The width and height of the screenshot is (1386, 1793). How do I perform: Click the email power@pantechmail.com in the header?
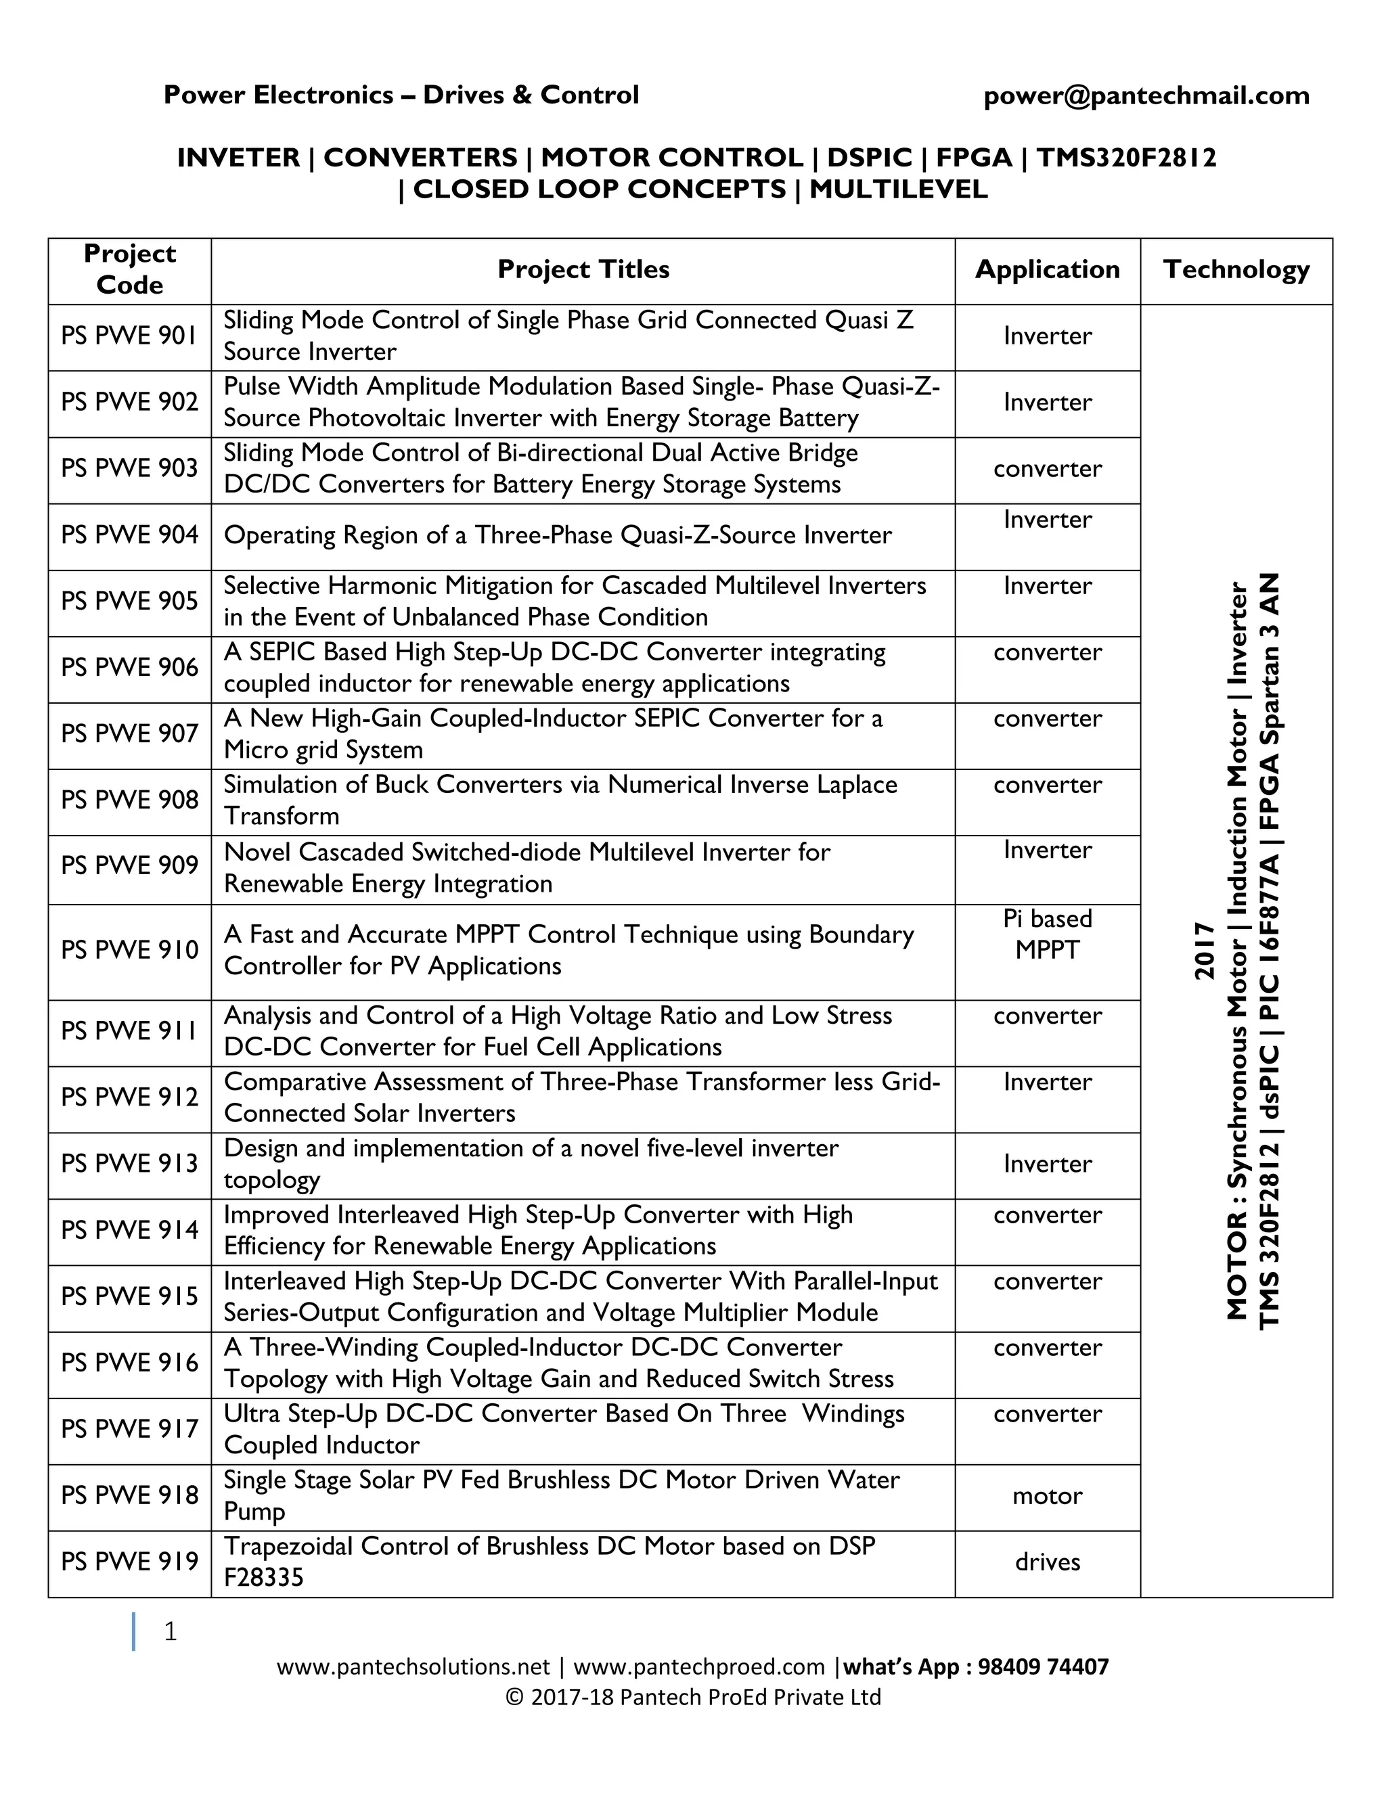click(x=1146, y=96)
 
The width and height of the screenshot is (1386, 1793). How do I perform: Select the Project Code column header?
click(x=130, y=269)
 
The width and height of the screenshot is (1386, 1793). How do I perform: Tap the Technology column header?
click(x=1236, y=269)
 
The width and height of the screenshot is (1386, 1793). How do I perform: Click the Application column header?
click(x=1047, y=269)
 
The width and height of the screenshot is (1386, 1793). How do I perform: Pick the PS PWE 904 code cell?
click(x=130, y=535)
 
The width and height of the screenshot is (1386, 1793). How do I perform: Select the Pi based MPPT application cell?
click(x=1047, y=934)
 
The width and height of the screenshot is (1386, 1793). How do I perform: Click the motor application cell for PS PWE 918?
click(x=1047, y=1496)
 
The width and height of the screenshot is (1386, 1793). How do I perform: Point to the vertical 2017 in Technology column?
click(x=1204, y=951)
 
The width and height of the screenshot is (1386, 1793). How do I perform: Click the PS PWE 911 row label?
click(x=130, y=1031)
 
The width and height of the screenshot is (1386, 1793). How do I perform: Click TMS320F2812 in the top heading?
click(x=1125, y=158)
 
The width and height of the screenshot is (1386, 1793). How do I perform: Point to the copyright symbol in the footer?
click(x=514, y=1698)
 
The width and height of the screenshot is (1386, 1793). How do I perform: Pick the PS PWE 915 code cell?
click(x=130, y=1296)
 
